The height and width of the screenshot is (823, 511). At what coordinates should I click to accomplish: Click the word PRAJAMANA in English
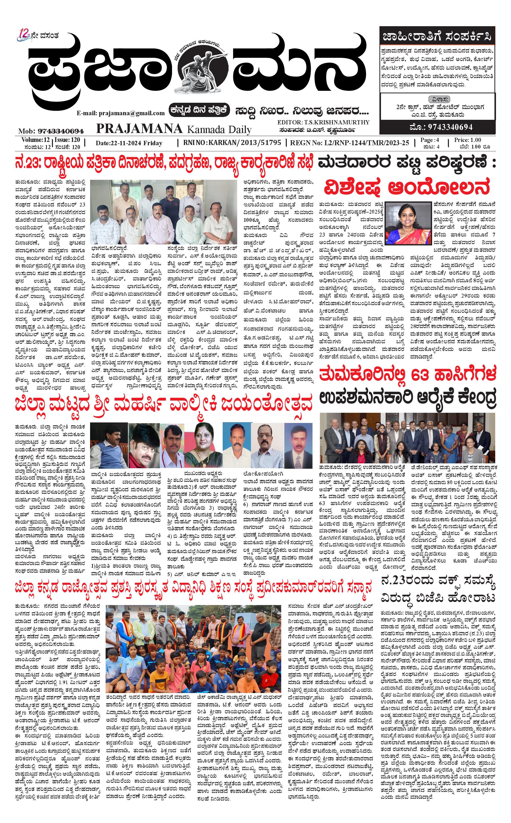[x=139, y=129]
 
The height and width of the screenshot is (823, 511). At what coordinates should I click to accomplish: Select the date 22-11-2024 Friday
[x=129, y=143]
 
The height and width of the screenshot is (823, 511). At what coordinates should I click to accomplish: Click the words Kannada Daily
[x=219, y=129]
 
